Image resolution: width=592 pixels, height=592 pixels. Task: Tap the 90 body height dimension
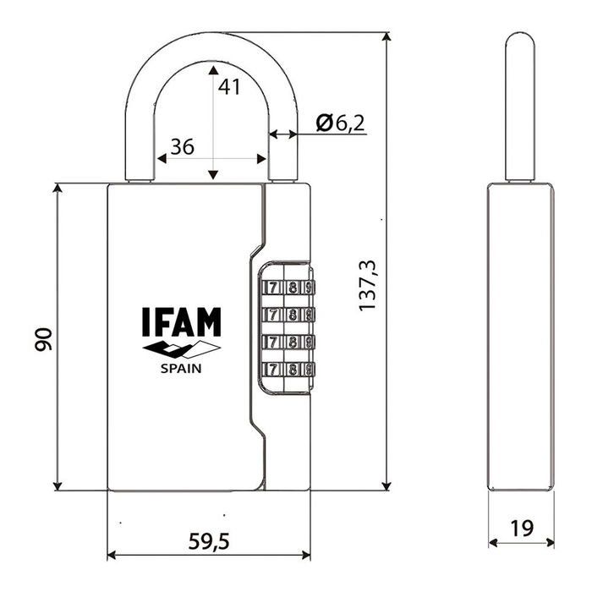(x=45, y=339)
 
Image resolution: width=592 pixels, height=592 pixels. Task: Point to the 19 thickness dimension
(x=523, y=529)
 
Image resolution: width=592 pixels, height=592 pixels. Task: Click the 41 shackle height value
(x=229, y=85)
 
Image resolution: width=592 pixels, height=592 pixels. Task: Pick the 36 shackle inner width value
(x=182, y=146)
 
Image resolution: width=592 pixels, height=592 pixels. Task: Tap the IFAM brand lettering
(x=181, y=323)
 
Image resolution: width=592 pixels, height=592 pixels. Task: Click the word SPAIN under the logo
(x=181, y=368)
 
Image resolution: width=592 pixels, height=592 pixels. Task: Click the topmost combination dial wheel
(x=288, y=288)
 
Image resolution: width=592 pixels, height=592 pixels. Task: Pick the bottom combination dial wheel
(x=288, y=369)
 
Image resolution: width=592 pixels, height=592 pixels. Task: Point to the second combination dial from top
(x=288, y=315)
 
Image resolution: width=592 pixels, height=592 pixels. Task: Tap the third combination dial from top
(x=288, y=343)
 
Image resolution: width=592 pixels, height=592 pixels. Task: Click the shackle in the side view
(x=519, y=106)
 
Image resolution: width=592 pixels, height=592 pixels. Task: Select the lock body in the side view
(x=521, y=337)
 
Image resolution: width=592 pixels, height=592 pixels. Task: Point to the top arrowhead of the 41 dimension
(x=213, y=68)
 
